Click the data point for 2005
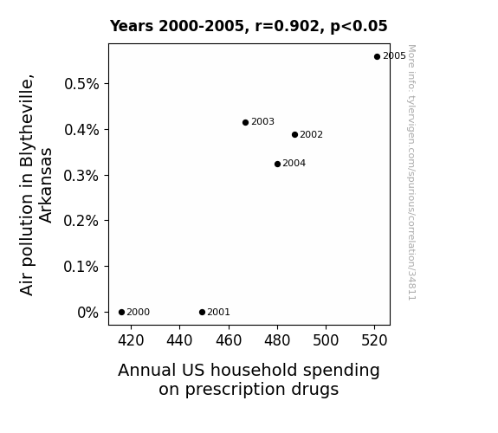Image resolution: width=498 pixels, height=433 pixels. (377, 57)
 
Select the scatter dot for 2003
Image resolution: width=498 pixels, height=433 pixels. (245, 123)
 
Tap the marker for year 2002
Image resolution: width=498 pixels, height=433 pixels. (294, 135)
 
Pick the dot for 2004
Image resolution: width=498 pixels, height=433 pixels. (278, 165)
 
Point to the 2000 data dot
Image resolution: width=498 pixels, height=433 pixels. (121, 313)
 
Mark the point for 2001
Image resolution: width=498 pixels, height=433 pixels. (202, 313)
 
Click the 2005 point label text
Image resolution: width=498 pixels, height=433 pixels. (394, 56)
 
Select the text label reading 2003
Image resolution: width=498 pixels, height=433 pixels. (262, 122)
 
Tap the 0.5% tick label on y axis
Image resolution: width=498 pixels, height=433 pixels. (81, 84)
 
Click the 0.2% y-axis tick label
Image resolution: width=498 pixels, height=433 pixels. (81, 221)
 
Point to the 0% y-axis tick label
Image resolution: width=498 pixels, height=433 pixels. (88, 313)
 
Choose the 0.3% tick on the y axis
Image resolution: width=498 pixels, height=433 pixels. (81, 176)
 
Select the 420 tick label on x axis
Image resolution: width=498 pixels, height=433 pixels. (131, 340)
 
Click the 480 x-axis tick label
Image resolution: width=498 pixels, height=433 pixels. (277, 340)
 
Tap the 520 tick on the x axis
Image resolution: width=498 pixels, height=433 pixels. (374, 340)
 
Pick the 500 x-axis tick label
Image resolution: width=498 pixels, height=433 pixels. (326, 340)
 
